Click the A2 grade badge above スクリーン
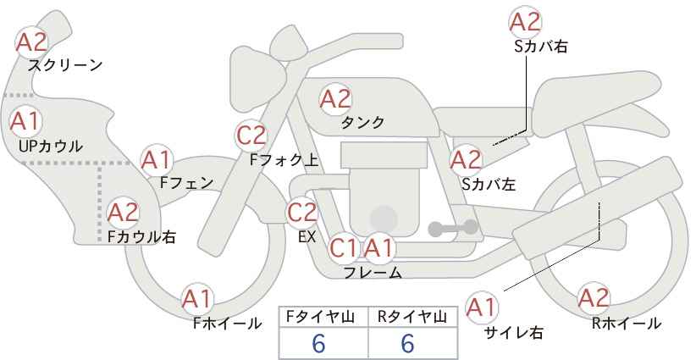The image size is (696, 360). point(31,42)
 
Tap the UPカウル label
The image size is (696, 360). point(51,146)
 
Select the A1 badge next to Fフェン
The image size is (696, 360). point(157,161)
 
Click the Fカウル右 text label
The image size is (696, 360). point(141,236)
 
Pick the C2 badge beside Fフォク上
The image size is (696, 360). point(251,136)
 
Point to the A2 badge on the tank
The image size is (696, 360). point(335,98)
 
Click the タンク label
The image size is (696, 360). point(362,123)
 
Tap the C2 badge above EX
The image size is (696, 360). point(301,212)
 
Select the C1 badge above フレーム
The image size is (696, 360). point(343,247)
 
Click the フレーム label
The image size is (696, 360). point(373,272)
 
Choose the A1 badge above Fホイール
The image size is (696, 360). point(197,299)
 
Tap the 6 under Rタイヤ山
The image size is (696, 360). point(407,343)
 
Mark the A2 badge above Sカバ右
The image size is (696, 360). point(526,22)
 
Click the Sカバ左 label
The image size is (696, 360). point(489,184)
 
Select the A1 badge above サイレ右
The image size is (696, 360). point(482,307)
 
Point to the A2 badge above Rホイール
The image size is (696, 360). point(594,298)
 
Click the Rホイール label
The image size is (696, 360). point(627,324)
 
